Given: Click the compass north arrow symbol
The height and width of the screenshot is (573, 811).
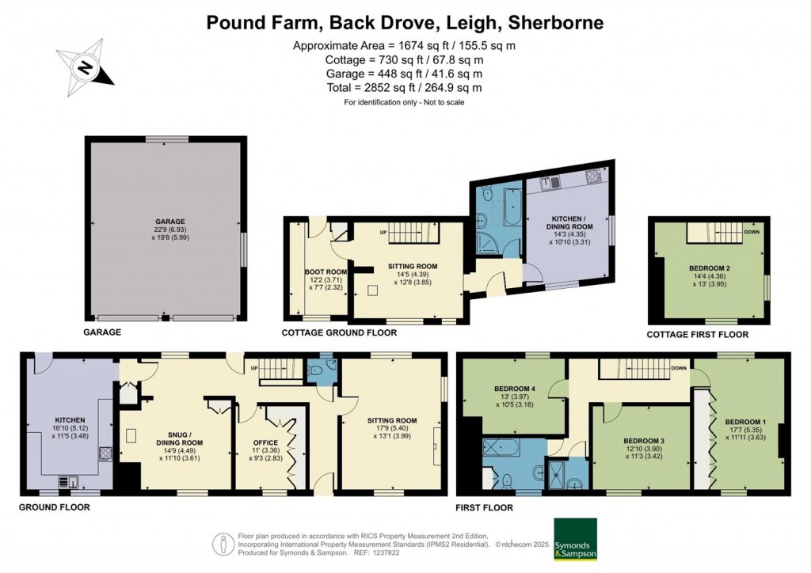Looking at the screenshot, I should pyautogui.click(x=86, y=62).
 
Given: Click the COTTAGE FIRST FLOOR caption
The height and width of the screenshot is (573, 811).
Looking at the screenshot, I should pyautogui.click(x=697, y=335).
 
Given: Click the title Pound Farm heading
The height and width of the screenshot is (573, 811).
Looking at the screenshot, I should pyautogui.click(x=405, y=21).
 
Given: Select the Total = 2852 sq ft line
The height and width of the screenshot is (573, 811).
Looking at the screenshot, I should pyautogui.click(x=405, y=88).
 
